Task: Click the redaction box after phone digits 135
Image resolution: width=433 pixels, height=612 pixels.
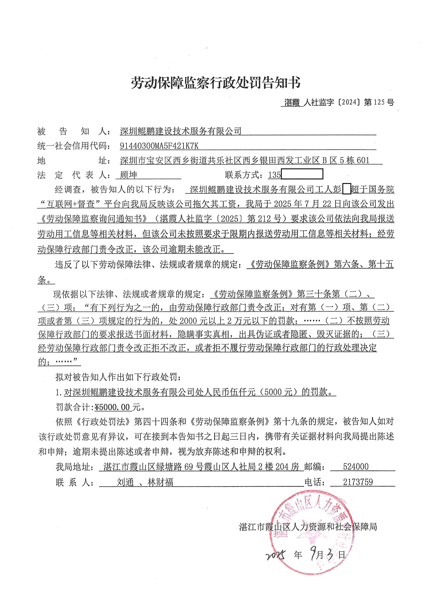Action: [302, 174]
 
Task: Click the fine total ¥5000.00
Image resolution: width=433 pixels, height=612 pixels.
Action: [112, 407]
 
